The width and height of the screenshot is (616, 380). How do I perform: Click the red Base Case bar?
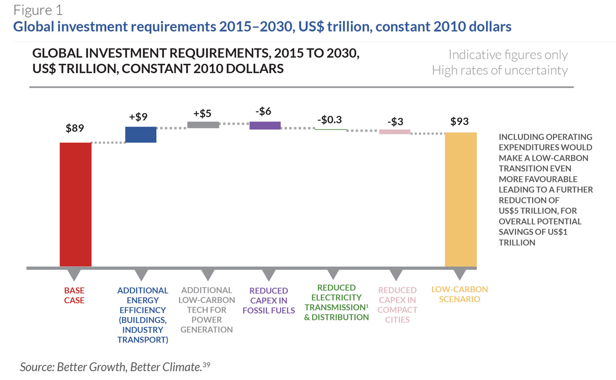click(75, 204)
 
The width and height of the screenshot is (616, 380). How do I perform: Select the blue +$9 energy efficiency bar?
click(141, 135)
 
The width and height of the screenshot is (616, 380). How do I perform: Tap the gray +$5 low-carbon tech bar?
click(203, 125)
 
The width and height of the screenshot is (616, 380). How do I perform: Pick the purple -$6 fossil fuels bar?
click(265, 125)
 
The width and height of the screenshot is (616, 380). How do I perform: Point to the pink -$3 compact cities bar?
click(395, 132)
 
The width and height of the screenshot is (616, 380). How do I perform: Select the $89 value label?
click(75, 128)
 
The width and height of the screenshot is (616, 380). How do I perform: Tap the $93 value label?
click(459, 122)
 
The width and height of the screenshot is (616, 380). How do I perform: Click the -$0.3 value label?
click(330, 120)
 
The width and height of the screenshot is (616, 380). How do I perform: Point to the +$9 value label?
click(138, 117)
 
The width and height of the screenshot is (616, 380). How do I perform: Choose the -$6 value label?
click(263, 111)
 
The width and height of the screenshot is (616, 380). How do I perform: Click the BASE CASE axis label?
click(74, 295)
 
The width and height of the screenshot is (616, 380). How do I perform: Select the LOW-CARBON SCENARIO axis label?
click(459, 294)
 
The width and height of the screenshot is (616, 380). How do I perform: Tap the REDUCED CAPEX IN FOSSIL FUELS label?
click(269, 300)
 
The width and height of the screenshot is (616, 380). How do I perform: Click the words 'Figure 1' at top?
click(38, 10)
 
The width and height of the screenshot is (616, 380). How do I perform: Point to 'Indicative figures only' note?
click(508, 55)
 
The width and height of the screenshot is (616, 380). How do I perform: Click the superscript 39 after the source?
click(207, 364)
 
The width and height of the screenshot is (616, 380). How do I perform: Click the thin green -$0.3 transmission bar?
click(331, 129)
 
